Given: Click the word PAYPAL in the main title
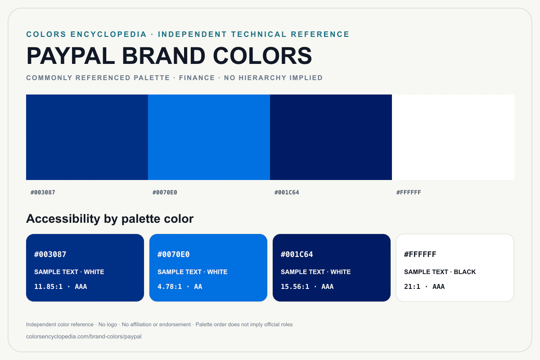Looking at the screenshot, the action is (70, 56).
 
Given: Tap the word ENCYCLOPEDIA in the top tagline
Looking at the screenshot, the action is (108, 34).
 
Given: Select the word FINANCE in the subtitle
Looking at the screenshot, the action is (197, 78).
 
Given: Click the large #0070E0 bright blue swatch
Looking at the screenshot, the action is (209, 137).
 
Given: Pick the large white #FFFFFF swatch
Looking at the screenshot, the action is (453, 137).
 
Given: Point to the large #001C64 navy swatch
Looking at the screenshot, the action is (331, 137).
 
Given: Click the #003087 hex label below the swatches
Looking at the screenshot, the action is (43, 193).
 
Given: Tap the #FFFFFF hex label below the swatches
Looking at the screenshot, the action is (409, 193).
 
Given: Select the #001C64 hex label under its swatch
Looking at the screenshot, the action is (287, 193).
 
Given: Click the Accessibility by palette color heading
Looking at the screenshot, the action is (110, 219).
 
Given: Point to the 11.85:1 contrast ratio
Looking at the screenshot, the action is (48, 287).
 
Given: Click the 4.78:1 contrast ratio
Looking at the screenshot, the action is (170, 287).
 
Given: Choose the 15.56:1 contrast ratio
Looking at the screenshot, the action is (295, 287).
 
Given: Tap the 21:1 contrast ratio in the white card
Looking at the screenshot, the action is (412, 287).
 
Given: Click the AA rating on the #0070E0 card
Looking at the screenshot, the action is (198, 287).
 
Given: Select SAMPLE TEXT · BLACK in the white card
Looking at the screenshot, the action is (440, 272).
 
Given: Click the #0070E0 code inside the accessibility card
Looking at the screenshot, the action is (173, 254).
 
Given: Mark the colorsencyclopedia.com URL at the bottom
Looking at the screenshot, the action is (84, 336).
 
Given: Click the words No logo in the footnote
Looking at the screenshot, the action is (108, 324).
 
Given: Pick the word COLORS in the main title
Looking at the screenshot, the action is (262, 56).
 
